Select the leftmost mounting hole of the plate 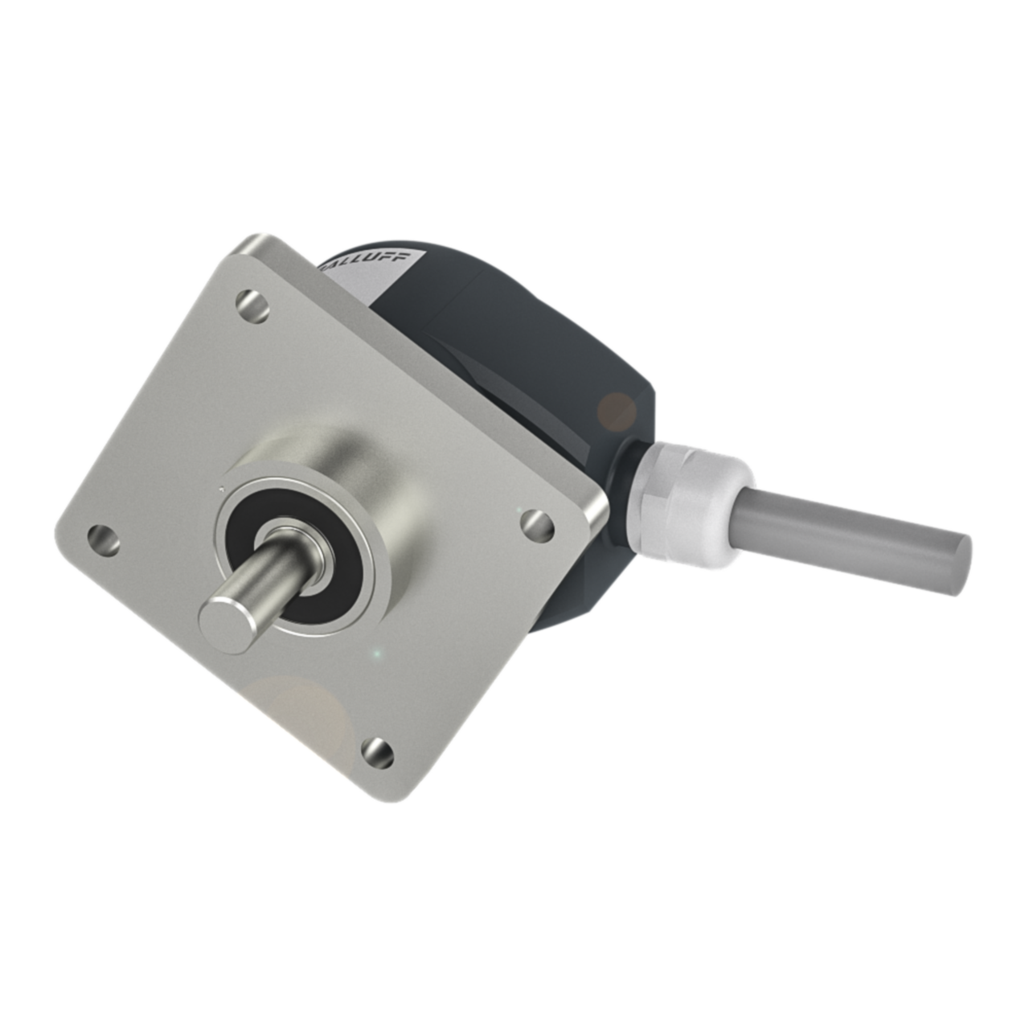(103, 539)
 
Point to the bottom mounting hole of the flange (377, 752)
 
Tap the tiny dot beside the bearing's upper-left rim (220, 487)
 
